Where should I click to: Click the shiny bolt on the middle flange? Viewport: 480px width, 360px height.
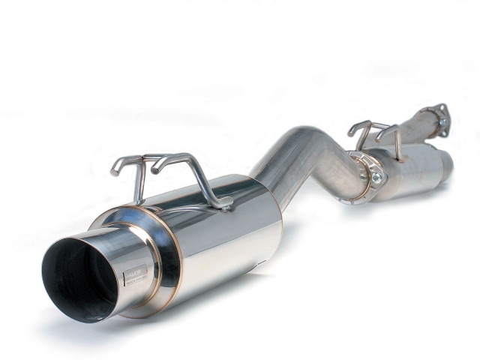point(376,177)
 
